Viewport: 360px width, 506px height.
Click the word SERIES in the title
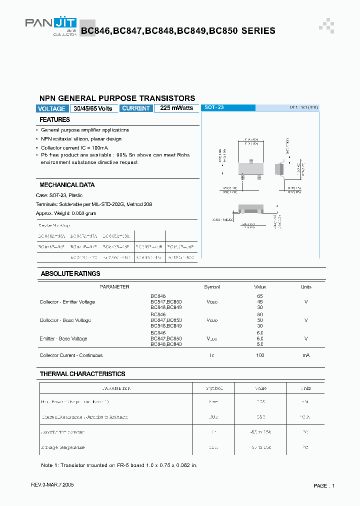coord(258,31)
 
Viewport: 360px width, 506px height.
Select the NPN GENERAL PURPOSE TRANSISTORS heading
coord(117,98)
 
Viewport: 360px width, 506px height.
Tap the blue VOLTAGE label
coord(51,108)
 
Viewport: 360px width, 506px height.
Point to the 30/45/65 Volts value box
coord(93,108)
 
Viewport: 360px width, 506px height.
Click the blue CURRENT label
coord(136,108)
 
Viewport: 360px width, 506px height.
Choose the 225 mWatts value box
coord(176,108)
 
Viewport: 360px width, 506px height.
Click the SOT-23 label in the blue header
coord(214,107)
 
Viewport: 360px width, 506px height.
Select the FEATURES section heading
coord(54,120)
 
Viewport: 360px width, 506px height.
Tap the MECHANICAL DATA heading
coord(67,185)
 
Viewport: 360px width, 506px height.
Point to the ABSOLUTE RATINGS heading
coord(70,274)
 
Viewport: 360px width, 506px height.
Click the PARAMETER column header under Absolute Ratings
coord(114,287)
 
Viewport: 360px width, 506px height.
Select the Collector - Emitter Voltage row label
coord(67,302)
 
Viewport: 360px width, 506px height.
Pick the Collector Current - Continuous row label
coord(71,355)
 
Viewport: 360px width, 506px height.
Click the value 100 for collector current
coord(259,355)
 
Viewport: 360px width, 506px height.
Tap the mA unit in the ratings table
coord(306,355)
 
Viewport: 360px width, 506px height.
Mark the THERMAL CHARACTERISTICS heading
coord(82,374)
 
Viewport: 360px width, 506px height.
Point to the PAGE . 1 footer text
coord(324,486)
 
